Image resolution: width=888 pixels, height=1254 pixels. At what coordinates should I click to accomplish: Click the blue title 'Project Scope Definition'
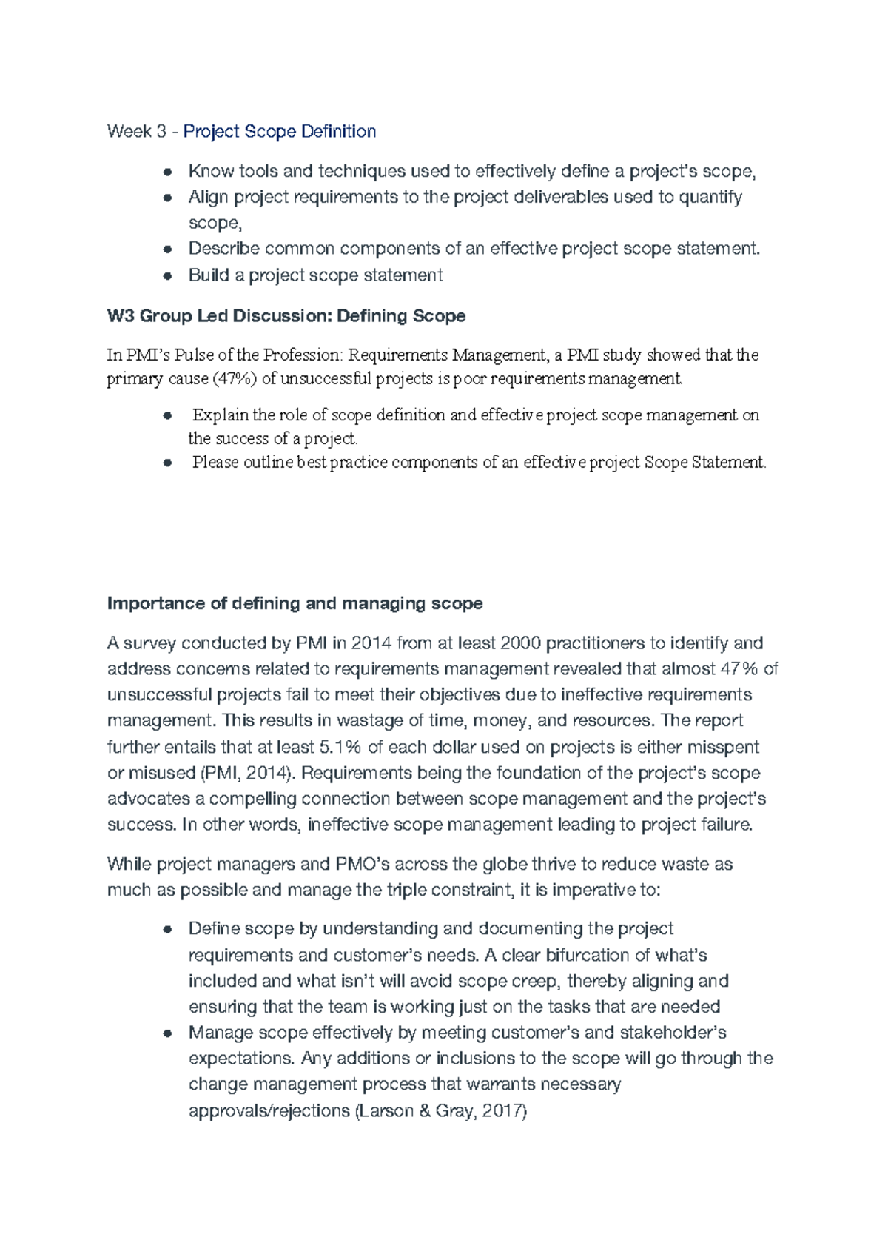280,132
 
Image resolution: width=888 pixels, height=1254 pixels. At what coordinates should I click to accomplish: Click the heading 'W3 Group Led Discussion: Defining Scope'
286,316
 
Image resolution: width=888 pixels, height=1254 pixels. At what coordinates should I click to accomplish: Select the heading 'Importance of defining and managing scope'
295,603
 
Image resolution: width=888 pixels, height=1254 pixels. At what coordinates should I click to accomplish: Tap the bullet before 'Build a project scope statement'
168,276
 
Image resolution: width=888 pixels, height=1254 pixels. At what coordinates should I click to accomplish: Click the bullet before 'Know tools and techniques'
168,172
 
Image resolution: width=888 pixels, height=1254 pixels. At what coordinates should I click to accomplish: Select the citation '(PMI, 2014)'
248,773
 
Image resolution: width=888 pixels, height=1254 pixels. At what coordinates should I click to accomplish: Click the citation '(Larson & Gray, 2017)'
441,1111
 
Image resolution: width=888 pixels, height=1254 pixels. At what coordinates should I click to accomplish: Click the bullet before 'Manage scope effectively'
168,1033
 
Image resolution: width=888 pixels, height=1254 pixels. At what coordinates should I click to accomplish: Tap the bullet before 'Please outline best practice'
168,463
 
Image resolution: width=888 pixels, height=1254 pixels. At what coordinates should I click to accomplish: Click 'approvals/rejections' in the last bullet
269,1111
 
